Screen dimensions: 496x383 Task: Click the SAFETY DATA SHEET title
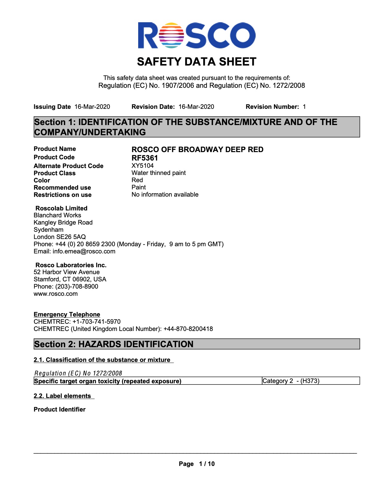click(x=196, y=62)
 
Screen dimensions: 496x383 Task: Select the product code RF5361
click(x=144, y=158)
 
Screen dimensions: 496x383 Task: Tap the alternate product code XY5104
click(x=142, y=166)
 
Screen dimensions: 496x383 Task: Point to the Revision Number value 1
click(x=304, y=107)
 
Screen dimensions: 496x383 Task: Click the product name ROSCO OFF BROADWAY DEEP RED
click(x=197, y=149)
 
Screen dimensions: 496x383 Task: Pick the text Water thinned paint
click(x=159, y=173)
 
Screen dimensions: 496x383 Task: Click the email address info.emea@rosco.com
click(x=84, y=251)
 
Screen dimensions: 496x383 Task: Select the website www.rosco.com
click(x=56, y=294)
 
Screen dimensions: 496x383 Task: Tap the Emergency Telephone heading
click(x=67, y=314)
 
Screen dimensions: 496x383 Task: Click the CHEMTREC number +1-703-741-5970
click(x=96, y=322)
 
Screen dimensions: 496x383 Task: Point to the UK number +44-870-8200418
click(x=188, y=329)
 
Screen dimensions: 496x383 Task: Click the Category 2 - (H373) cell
click(x=291, y=381)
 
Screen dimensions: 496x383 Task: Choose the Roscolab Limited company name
click(x=61, y=208)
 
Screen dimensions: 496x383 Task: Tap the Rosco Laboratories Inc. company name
click(x=71, y=265)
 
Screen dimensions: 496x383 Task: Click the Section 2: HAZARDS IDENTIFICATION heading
click(x=114, y=344)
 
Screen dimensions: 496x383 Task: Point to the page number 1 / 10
click(x=207, y=464)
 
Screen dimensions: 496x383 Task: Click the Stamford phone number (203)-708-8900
click(x=77, y=286)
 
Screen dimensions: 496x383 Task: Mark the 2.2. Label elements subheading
click(x=62, y=396)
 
